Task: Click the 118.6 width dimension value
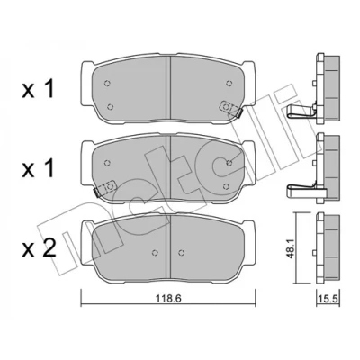[168, 299]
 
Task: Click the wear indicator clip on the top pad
[231, 109]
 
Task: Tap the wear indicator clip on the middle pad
[104, 188]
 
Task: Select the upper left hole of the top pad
[106, 84]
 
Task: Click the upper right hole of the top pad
[229, 83]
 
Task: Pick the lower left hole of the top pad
[111, 106]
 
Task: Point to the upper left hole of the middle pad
[107, 163]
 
